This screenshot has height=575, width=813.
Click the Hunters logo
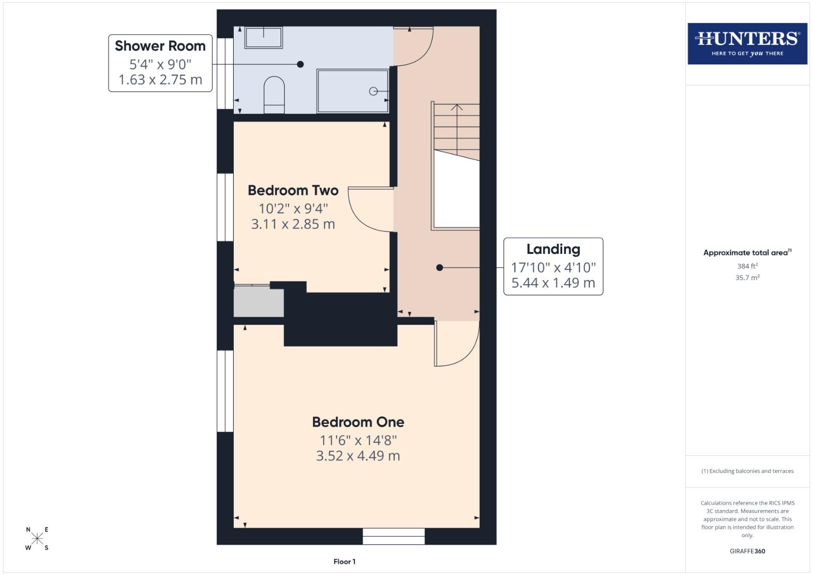pyautogui.click(x=747, y=44)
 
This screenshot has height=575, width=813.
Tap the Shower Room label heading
pyautogui.click(x=160, y=46)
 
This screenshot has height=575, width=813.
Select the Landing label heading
pyautogui.click(x=553, y=249)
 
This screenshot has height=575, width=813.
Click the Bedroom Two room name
pyautogui.click(x=293, y=191)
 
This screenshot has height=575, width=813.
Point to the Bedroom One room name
pyautogui.click(x=358, y=422)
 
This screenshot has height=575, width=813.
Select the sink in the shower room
pyautogui.click(x=263, y=37)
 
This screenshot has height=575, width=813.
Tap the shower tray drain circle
pyautogui.click(x=373, y=92)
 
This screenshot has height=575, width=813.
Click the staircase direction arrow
pyautogui.click(x=456, y=108)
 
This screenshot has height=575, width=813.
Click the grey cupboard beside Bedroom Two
pyautogui.click(x=259, y=302)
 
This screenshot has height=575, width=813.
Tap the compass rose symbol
pyautogui.click(x=37, y=538)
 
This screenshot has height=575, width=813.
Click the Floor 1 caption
pyautogui.click(x=344, y=562)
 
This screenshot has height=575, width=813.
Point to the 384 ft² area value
pyautogui.click(x=747, y=266)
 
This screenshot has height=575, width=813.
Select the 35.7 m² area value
pyautogui.click(x=747, y=277)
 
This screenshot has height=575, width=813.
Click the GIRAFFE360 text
pyautogui.click(x=747, y=551)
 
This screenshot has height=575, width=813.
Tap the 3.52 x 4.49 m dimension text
pyautogui.click(x=358, y=456)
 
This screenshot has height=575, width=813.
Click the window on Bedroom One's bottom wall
pyautogui.click(x=393, y=536)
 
